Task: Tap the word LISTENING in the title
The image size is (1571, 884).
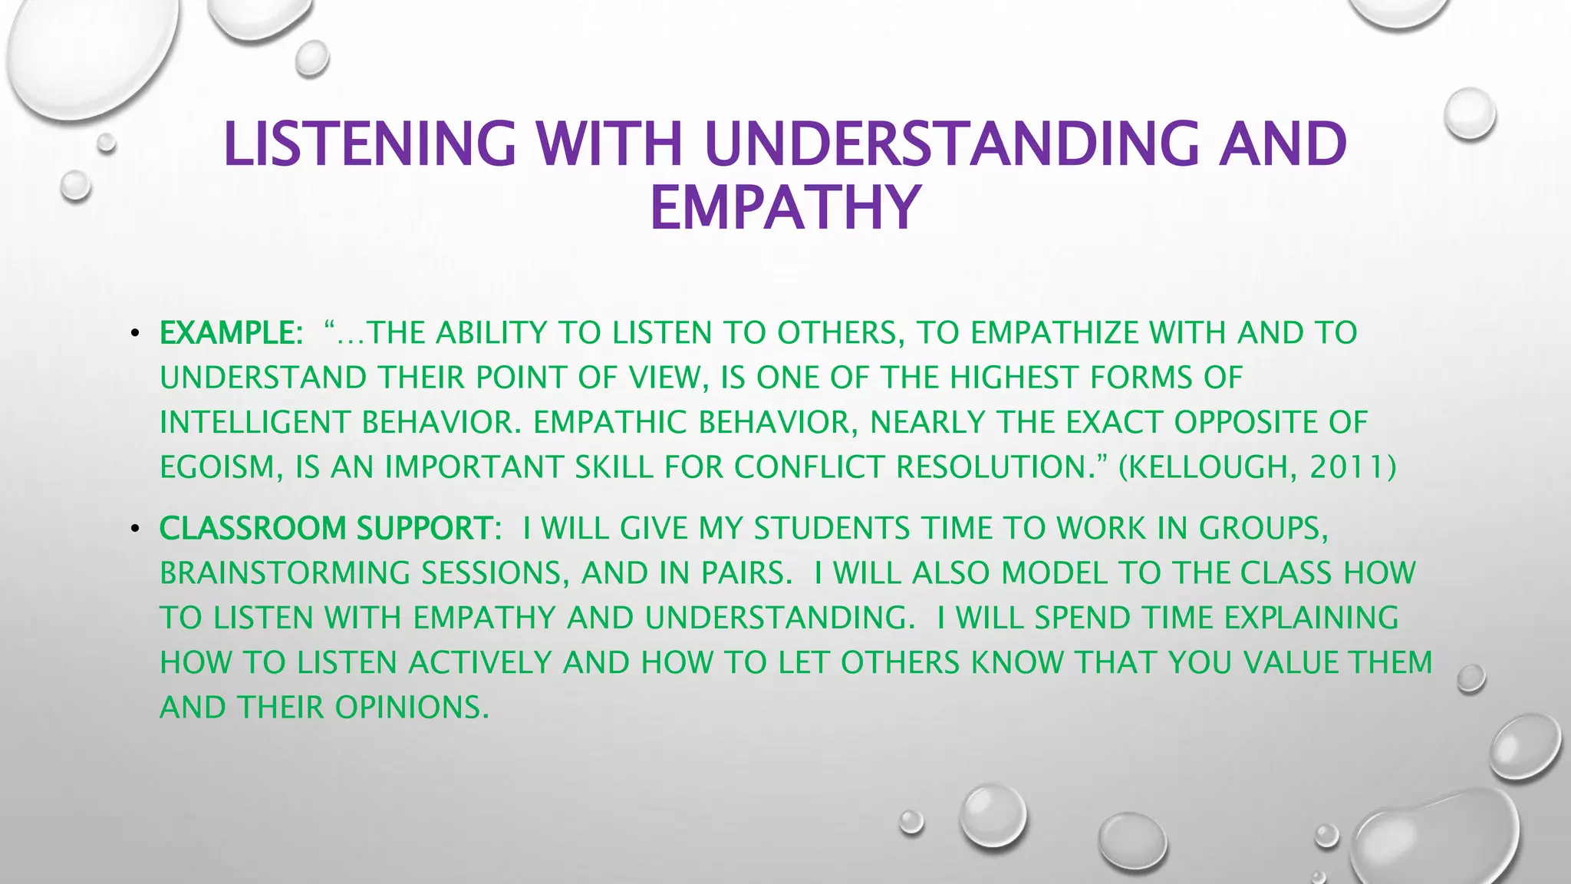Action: click(x=370, y=143)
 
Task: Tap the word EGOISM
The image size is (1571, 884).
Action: click(x=216, y=467)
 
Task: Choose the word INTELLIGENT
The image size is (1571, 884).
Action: click(x=255, y=422)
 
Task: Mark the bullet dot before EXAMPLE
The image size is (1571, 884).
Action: click(x=134, y=334)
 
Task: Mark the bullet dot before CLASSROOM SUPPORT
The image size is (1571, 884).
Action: click(x=134, y=529)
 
